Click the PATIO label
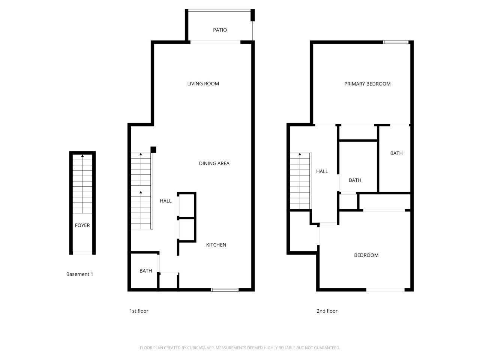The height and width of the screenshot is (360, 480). [x=220, y=30]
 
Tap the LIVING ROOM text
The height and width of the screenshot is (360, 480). [x=203, y=84]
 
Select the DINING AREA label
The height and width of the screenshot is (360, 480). [x=214, y=163]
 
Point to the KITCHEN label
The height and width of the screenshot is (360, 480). [x=216, y=245]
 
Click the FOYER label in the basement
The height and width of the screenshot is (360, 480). [x=82, y=225]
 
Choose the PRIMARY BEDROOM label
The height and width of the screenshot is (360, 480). [x=367, y=84]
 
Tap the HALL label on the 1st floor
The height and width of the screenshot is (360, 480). [x=165, y=201]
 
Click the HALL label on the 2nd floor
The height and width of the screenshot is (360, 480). [x=322, y=171]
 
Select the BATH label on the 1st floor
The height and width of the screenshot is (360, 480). [x=145, y=271]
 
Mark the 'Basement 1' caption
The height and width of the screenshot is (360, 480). [x=79, y=274]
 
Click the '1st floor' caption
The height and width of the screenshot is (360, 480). [x=139, y=311]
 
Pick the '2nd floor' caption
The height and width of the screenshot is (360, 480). [x=327, y=311]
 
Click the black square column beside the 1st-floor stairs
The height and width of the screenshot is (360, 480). [x=153, y=150]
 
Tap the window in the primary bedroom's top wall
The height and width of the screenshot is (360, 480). [x=396, y=42]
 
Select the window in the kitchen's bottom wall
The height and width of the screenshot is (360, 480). [x=225, y=289]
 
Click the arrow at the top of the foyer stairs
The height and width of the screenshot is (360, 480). [x=82, y=155]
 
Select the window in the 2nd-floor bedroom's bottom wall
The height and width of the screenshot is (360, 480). [x=385, y=289]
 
